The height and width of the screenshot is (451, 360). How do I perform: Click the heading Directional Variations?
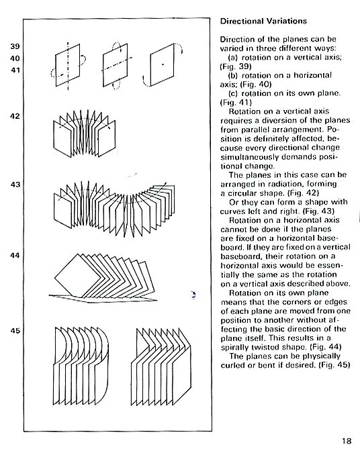[263, 21]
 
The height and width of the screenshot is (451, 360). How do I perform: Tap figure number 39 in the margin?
[15, 46]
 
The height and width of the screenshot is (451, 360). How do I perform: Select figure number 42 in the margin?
[15, 116]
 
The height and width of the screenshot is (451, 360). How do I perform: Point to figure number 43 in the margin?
[15, 185]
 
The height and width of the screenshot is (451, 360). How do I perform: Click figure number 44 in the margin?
[15, 255]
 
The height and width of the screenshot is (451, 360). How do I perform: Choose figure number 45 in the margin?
[15, 331]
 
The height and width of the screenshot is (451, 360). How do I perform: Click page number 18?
[347, 441]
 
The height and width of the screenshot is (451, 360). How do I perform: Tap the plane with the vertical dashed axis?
[68, 65]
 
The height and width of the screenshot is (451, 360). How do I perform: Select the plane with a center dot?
[163, 64]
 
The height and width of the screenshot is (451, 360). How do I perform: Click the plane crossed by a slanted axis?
[115, 65]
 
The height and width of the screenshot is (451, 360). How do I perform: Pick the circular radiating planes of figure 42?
[85, 133]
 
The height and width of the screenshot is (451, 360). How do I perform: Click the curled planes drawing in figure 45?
[81, 366]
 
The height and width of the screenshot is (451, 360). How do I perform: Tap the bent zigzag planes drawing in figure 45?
[161, 366]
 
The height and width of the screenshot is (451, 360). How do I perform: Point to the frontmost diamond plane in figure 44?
[79, 277]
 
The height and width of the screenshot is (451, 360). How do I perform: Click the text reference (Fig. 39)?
[236, 66]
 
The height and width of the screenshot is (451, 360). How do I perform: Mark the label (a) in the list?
[233, 58]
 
